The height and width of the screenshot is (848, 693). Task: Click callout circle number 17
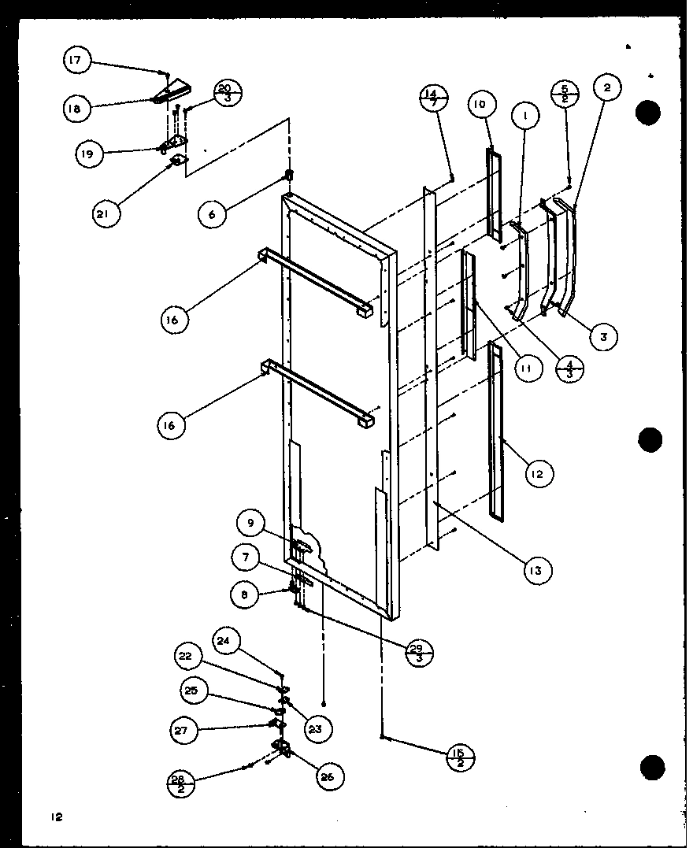point(77,60)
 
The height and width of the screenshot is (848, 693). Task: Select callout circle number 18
point(74,109)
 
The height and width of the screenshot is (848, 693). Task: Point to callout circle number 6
point(213,213)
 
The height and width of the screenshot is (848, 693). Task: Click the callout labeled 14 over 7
point(434,101)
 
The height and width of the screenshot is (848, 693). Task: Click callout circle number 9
point(250,522)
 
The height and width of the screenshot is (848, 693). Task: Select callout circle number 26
point(327,776)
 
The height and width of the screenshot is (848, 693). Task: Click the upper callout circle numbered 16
point(172,319)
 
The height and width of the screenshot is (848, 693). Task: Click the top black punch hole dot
point(648,113)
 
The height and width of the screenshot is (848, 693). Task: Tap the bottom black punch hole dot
point(651,766)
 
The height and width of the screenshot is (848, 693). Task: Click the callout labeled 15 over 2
point(459,758)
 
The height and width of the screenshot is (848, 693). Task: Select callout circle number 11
point(526,367)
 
